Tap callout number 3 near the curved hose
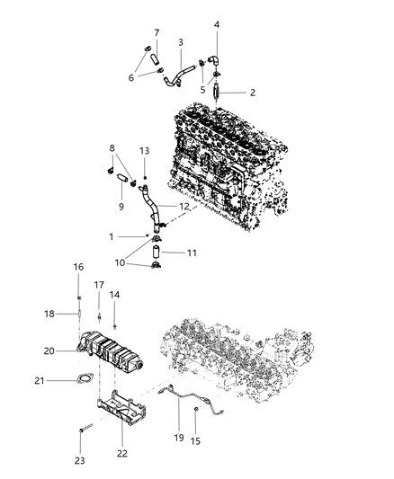coord(181,42)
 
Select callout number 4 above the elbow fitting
coord(216,25)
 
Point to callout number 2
coord(253,93)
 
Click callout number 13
coord(144,150)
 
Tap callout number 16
coord(78,268)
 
